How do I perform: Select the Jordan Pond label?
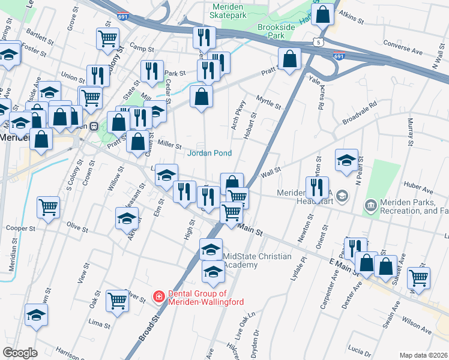click(x=209, y=154)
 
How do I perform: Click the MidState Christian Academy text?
click(x=257, y=261)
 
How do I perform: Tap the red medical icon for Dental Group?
click(x=158, y=296)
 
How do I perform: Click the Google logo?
click(x=20, y=352)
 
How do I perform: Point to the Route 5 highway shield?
click(x=318, y=41)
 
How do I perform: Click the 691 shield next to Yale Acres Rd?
click(x=339, y=56)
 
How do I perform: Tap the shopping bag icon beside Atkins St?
click(x=322, y=14)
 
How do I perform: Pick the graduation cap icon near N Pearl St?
click(x=346, y=160)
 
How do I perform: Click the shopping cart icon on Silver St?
click(x=117, y=300)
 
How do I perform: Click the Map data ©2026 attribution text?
click(x=423, y=355)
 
